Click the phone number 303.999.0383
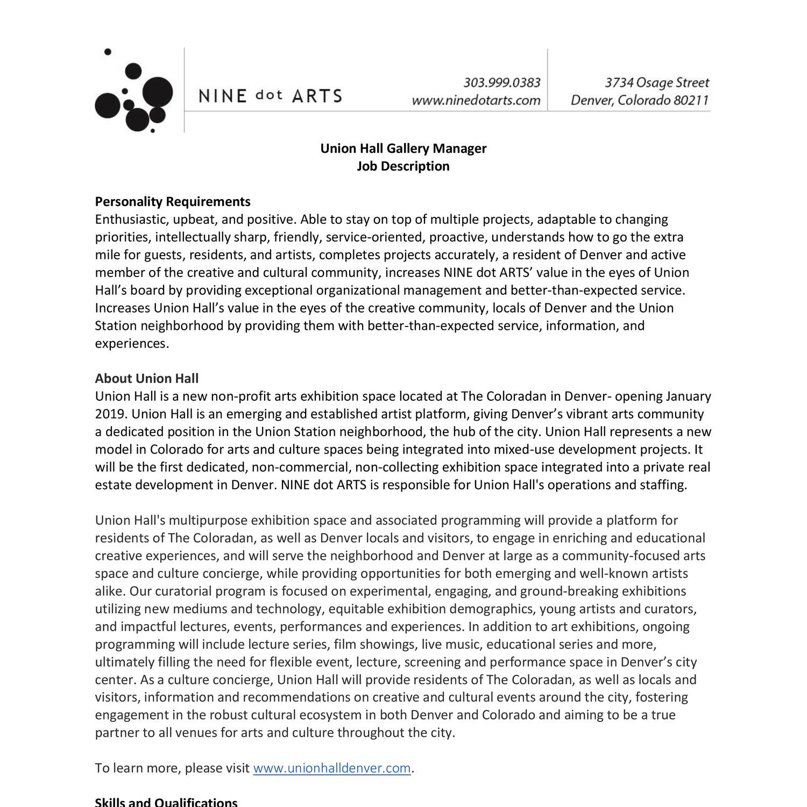[501, 83]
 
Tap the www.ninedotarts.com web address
[476, 101]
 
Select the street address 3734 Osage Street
[656, 83]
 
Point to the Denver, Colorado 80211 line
[640, 101]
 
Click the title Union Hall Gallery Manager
[403, 148]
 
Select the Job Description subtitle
[403, 166]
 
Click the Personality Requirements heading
[173, 202]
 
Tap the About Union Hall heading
[147, 379]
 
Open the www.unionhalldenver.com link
[331, 768]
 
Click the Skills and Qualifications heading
[166, 802]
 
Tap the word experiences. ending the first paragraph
[132, 344]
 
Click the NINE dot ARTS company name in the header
[270, 96]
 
